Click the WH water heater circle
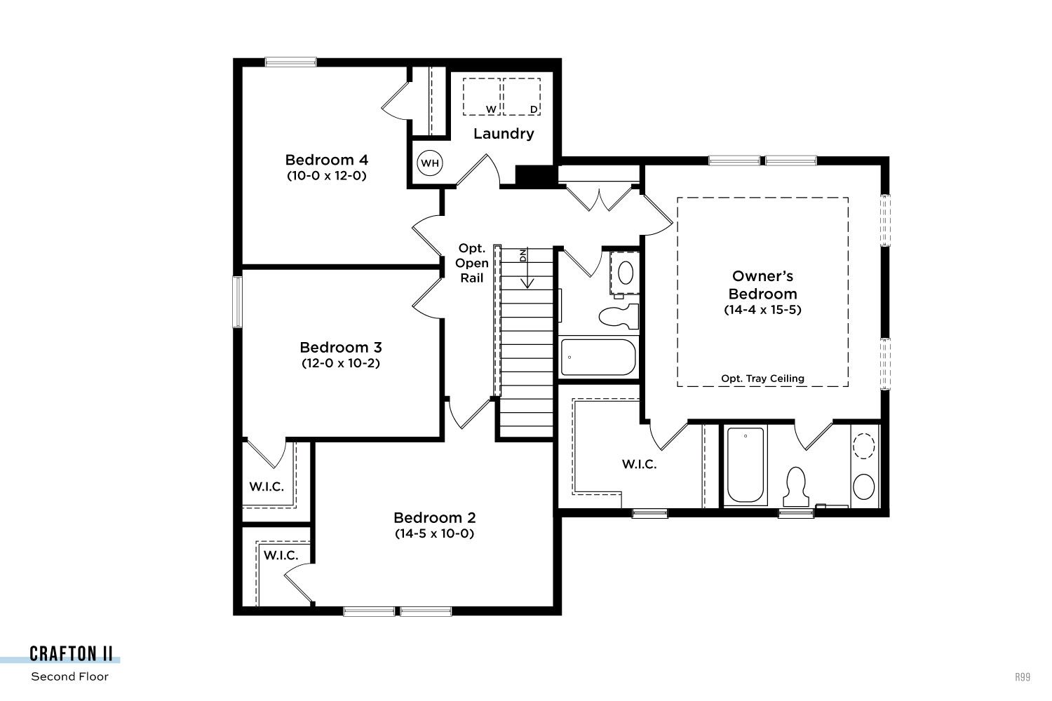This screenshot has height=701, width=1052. tap(430, 163)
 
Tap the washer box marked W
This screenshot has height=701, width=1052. tap(482, 97)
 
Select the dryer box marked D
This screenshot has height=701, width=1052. tap(522, 97)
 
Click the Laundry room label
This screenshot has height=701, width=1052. tap(504, 134)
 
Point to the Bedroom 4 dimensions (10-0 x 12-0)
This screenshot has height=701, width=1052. tap(326, 176)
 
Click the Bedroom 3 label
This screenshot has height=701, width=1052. tap(340, 348)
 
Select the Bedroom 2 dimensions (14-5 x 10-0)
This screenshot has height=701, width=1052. tap(434, 533)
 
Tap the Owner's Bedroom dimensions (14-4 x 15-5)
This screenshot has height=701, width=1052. tap(762, 310)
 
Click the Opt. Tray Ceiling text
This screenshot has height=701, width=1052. tap(763, 379)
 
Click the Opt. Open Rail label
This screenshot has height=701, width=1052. tap(471, 263)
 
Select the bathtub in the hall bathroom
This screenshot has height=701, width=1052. tap(598, 358)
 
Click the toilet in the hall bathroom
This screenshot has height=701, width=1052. tap(619, 316)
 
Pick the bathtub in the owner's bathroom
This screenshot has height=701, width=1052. tap(746, 465)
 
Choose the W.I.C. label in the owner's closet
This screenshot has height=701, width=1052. tap(639, 464)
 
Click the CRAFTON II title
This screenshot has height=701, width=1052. tap(71, 653)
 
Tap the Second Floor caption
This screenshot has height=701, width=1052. tap(69, 676)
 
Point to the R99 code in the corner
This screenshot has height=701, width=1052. tap(1023, 677)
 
